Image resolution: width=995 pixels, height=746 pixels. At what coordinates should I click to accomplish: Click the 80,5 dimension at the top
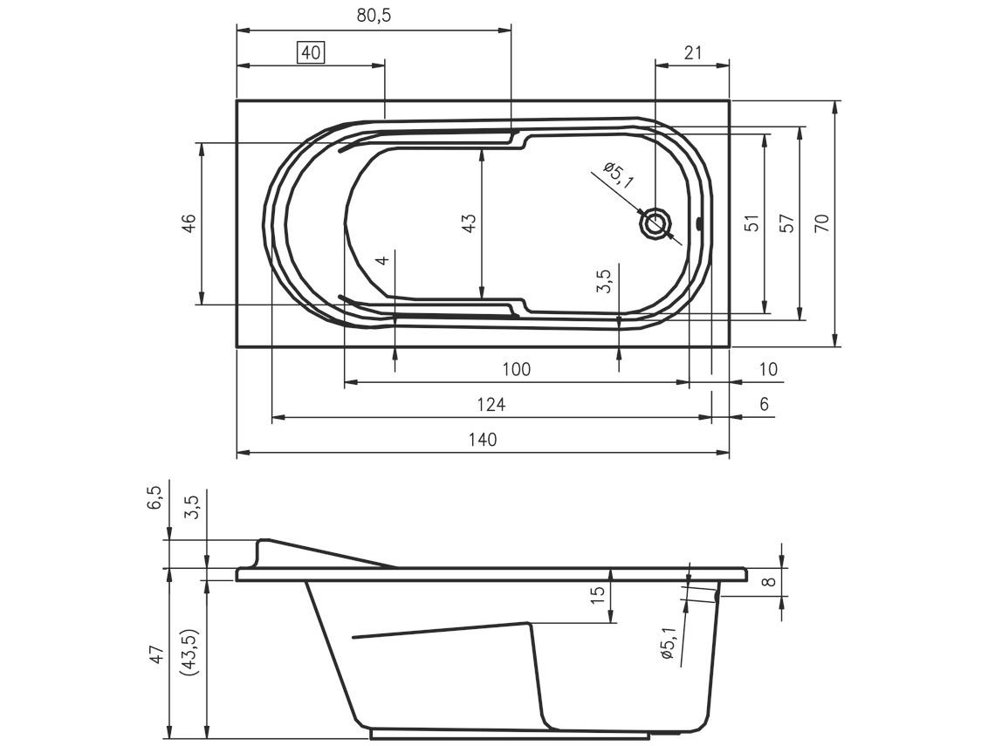pos(374,16)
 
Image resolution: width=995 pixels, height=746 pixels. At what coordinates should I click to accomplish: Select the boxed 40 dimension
pos(311,52)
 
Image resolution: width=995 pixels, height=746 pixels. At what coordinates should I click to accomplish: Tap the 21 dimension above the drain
pos(693,52)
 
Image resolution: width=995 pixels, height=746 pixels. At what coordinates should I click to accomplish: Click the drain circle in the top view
pos(656,223)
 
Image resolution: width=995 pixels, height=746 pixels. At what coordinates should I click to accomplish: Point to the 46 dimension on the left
pos(189,224)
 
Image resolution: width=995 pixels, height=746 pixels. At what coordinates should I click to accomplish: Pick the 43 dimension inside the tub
pos(469,223)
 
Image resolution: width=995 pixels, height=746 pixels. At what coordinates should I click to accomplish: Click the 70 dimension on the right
pos(821,223)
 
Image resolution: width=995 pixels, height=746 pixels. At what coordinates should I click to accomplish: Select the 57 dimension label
pos(786,223)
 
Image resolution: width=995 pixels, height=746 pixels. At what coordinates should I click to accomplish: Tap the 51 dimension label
pos(751,223)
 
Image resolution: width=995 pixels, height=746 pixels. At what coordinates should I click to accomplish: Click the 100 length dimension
pos(516,369)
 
